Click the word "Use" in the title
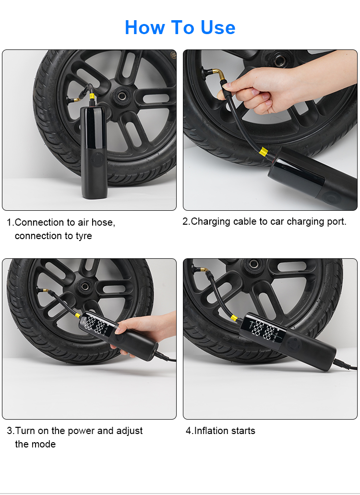click(218, 27)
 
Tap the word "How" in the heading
click(145, 27)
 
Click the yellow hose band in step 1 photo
click(92, 97)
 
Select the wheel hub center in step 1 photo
click(121, 95)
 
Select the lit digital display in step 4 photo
click(264, 330)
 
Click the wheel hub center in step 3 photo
click(84, 286)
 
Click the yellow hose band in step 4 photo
click(234, 317)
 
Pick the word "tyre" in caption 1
click(84, 236)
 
